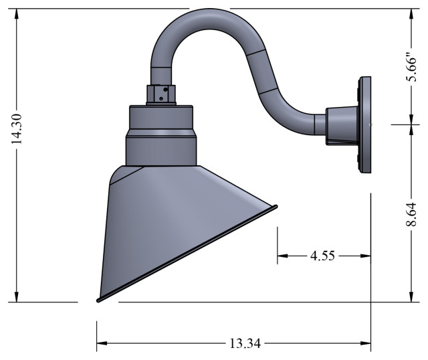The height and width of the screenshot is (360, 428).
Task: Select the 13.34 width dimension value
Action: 245,343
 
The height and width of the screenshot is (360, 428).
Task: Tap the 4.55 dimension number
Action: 324,255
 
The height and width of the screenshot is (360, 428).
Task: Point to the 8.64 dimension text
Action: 412,213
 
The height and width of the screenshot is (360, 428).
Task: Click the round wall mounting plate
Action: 366,125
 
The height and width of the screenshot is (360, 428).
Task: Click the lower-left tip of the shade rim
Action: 99,300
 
